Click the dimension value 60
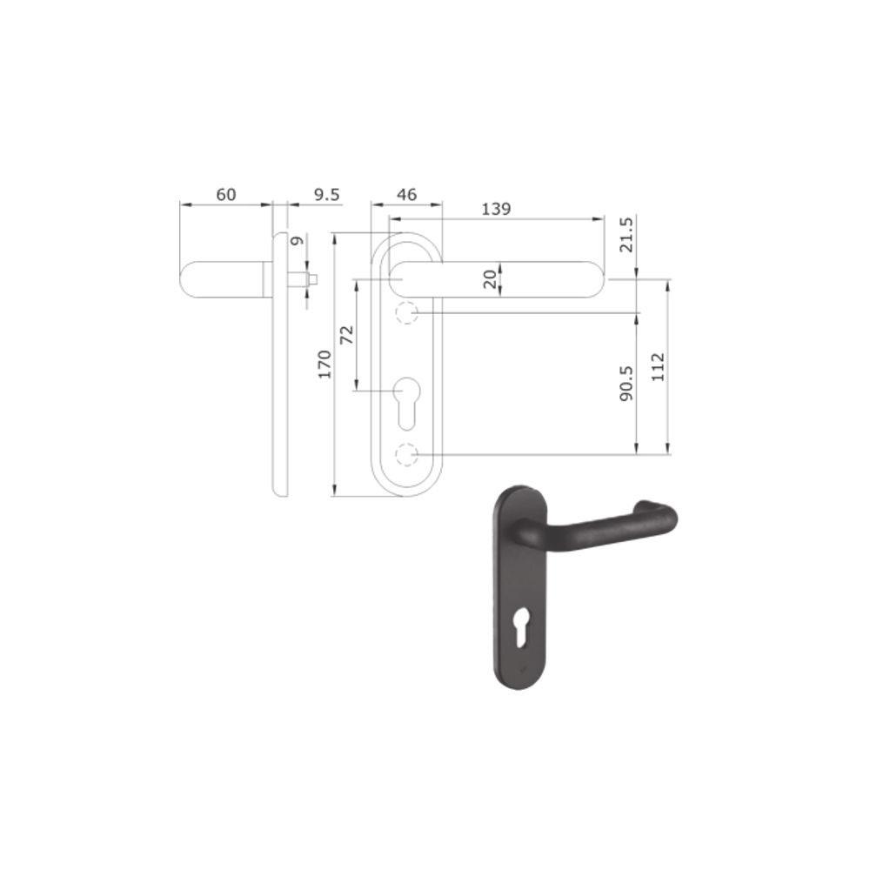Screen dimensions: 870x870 (x=226, y=194)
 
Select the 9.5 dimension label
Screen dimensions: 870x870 (x=327, y=194)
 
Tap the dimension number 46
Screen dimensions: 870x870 (x=406, y=194)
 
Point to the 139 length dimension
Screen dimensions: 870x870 (x=496, y=209)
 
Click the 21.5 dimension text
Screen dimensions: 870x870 (x=626, y=235)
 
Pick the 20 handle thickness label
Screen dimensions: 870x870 (x=490, y=279)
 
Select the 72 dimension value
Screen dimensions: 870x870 (x=346, y=335)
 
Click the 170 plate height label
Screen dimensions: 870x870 (x=325, y=364)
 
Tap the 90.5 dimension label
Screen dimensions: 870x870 (x=626, y=384)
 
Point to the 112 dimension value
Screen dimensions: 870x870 (x=658, y=367)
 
